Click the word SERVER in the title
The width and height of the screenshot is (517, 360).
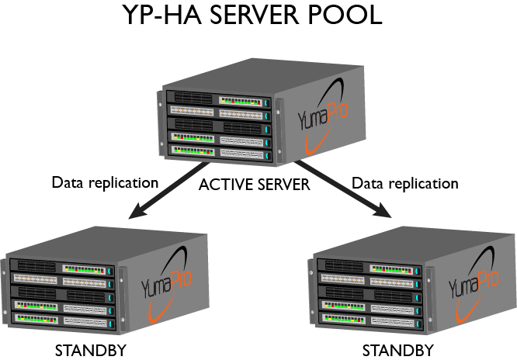[x=254, y=15]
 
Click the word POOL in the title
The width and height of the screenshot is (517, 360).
[x=345, y=15]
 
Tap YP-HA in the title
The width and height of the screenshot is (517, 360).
[x=162, y=15]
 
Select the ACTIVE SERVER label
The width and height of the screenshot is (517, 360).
[x=254, y=185]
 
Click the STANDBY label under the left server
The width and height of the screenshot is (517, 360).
[x=91, y=350]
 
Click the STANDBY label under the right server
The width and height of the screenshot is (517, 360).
[x=398, y=350]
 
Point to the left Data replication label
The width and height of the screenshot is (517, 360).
[x=105, y=183]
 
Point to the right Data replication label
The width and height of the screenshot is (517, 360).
[x=405, y=183]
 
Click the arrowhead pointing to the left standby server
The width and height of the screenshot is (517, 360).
[x=138, y=211]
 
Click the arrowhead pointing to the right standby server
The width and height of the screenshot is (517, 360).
[x=383, y=210]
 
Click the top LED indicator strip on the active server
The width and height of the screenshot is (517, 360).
[x=241, y=102]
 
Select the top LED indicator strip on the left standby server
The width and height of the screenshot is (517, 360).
[x=84, y=269]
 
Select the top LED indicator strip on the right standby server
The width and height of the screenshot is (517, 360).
[x=391, y=269]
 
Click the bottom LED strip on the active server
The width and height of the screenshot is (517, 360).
[x=193, y=151]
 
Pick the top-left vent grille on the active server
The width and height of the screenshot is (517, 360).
[x=193, y=98]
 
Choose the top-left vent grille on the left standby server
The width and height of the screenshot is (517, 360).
[x=36, y=265]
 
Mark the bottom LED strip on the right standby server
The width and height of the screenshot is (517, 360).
[x=344, y=319]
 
